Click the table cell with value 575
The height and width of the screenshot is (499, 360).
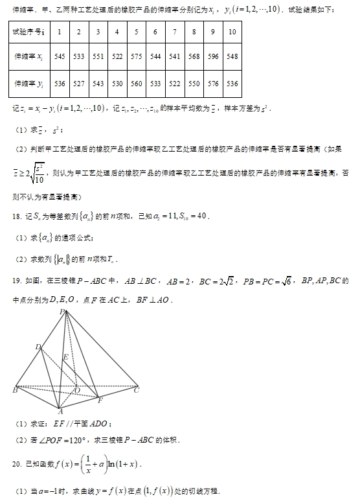136,56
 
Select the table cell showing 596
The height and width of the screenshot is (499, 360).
213,56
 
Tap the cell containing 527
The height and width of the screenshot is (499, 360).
79,84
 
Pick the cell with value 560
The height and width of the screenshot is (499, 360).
136,84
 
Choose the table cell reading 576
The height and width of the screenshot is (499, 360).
213,84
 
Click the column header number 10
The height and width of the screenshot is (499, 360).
232,31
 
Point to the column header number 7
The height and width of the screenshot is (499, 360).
174,31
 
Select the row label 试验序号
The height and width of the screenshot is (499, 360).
28,31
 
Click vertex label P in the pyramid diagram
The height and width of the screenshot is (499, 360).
63,312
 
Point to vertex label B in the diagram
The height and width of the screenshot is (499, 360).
14,390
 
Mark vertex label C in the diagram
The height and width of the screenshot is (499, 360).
136,390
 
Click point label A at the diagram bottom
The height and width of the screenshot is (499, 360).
60,411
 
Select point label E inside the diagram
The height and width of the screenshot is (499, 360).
65,357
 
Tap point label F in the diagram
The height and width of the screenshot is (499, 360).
100,400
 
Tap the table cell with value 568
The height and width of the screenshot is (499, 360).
194,56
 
